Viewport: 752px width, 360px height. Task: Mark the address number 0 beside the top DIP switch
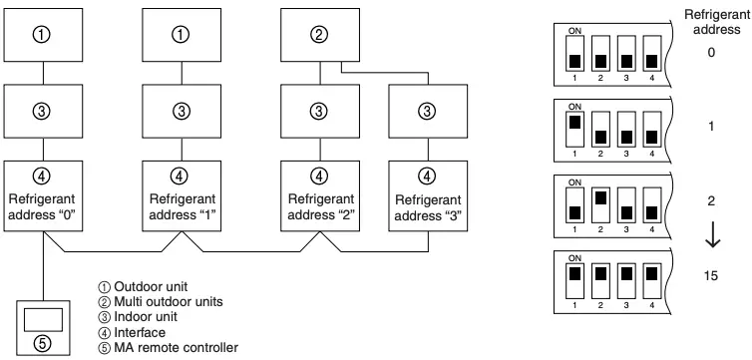tap(711, 52)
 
